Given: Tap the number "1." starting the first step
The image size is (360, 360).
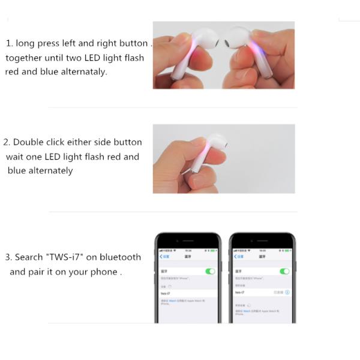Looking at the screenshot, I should point(10,43).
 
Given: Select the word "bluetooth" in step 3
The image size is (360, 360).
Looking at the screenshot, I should point(120,257).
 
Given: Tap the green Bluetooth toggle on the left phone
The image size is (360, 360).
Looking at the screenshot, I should point(210,271).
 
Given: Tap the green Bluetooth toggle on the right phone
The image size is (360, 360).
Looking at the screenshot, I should point(284,271).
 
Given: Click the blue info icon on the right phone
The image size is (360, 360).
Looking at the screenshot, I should point(287,292).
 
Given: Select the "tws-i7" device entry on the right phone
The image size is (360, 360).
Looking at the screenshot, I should point(239,292).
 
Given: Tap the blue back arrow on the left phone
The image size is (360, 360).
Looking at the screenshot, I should point(161,256).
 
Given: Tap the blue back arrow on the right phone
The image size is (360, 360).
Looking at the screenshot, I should point(235,256).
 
